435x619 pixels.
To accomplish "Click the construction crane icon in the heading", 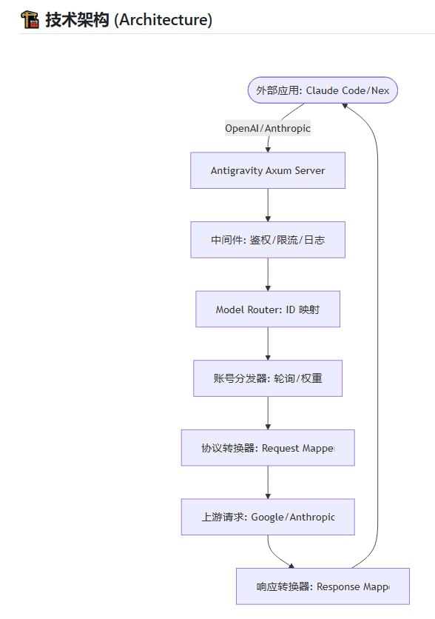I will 30,20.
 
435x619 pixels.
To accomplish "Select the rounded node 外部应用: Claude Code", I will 322,90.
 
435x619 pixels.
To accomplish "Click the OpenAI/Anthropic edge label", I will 268,128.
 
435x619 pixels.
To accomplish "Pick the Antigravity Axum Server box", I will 268,170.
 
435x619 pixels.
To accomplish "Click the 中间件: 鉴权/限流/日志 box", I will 268,240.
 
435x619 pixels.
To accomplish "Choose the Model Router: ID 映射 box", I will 268,309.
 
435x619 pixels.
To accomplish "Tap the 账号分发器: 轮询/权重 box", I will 268,378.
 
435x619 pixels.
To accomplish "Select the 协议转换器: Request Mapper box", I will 268,448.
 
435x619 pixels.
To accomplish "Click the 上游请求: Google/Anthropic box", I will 268,517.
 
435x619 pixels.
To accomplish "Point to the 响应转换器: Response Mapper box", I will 323,586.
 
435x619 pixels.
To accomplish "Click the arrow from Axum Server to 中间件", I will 268,205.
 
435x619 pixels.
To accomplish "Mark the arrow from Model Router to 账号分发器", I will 268,344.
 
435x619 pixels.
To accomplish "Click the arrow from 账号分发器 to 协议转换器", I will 268,413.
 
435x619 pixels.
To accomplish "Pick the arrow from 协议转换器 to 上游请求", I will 268,482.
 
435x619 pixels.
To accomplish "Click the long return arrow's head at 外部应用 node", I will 345,107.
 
